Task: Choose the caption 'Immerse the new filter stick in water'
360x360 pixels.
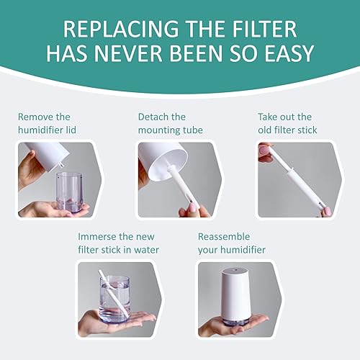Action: (119, 243)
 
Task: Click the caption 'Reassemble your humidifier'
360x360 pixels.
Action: (232, 243)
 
